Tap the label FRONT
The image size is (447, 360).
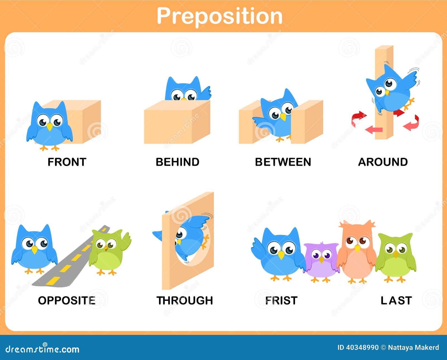click(67, 162)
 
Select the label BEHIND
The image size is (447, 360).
click(177, 162)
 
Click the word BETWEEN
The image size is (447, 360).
click(283, 162)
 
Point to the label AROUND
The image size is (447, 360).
click(383, 162)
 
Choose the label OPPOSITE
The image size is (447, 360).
click(67, 301)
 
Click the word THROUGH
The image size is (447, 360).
click(185, 301)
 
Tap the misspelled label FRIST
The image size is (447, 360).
click(281, 301)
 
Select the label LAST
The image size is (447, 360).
click(396, 301)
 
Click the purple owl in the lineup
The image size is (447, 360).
click(321, 262)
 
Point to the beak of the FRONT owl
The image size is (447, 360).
click(49, 127)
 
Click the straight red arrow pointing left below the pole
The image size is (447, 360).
click(374, 130)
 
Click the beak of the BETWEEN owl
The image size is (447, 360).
click(283, 117)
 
